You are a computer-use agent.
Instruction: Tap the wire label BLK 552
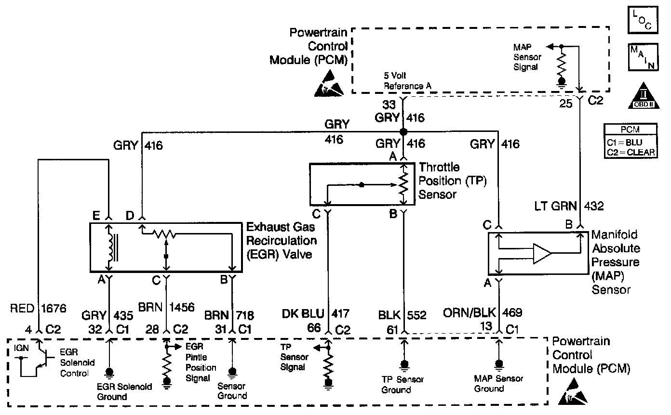403,315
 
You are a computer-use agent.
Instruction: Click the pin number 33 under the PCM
389,103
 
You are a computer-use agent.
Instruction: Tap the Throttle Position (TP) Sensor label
453,181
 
